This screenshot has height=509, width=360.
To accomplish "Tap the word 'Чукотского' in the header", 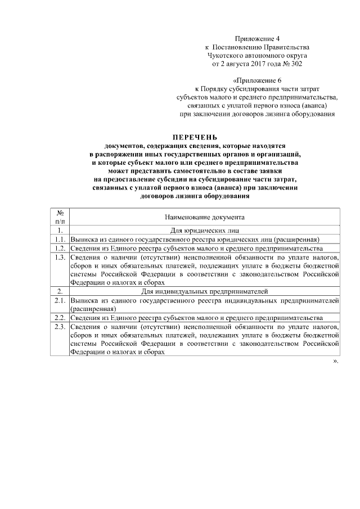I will (x=227, y=56).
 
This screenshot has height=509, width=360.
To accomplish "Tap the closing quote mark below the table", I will (x=336, y=361).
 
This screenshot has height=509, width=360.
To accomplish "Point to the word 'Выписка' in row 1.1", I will (x=83, y=238).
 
